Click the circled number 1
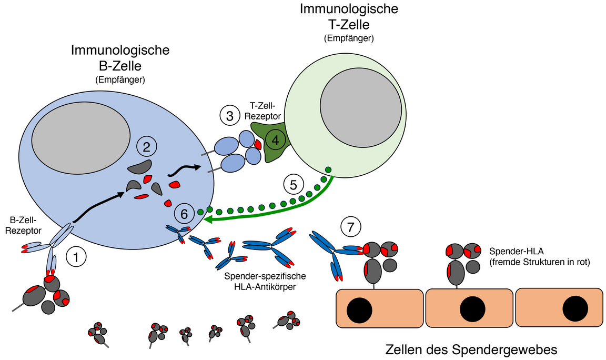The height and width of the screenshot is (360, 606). pyautogui.click(x=76, y=258)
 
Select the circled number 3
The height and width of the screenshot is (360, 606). pyautogui.click(x=229, y=116)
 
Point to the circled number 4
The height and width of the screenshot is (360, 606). pyautogui.click(x=275, y=140)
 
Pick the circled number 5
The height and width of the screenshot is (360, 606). pyautogui.click(x=294, y=185)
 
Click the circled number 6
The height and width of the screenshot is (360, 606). pyautogui.click(x=184, y=214)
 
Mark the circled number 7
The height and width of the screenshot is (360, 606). pyautogui.click(x=351, y=227)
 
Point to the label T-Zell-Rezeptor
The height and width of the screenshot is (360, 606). pyautogui.click(x=265, y=111)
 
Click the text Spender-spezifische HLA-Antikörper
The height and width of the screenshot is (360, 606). pyautogui.click(x=265, y=282)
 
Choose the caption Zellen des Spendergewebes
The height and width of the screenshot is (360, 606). pyautogui.click(x=471, y=349)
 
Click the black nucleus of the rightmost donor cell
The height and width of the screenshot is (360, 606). pyautogui.click(x=575, y=308)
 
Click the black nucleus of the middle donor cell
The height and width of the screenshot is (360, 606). pyautogui.click(x=471, y=308)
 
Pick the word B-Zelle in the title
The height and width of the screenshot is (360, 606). pyautogui.click(x=120, y=66)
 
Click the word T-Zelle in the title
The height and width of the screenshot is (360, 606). pyautogui.click(x=348, y=25)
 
